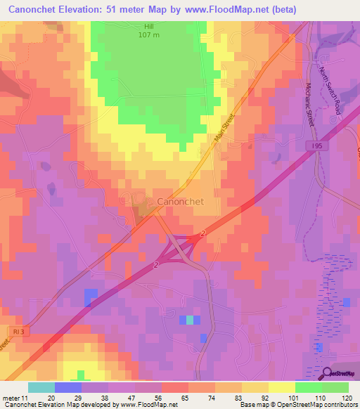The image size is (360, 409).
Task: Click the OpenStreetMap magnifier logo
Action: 328,373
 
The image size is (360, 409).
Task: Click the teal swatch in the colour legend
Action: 41,387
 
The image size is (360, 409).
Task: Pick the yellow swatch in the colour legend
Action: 281,387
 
